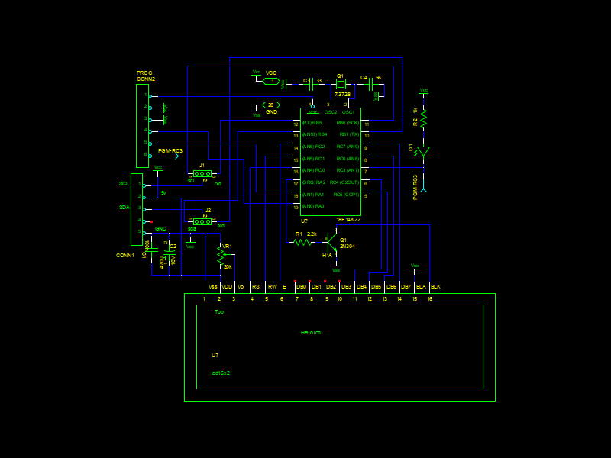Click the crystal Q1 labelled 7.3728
click(x=341, y=84)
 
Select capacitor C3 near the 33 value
click(x=312, y=84)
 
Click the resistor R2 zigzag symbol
click(x=424, y=118)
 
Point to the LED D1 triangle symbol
click(x=424, y=151)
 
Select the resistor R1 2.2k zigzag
click(x=302, y=242)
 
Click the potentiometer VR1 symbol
click(x=220, y=253)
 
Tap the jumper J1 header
click(x=202, y=173)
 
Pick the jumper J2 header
click(x=202, y=221)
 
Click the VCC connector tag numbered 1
click(x=271, y=81)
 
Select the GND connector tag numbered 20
click(x=271, y=105)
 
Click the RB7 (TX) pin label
click(x=348, y=134)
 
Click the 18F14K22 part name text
click(x=348, y=219)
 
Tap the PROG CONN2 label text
click(x=145, y=76)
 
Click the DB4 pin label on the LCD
click(x=361, y=286)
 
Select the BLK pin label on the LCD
click(x=435, y=286)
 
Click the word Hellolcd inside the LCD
click(x=311, y=332)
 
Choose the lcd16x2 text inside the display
click(x=221, y=373)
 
